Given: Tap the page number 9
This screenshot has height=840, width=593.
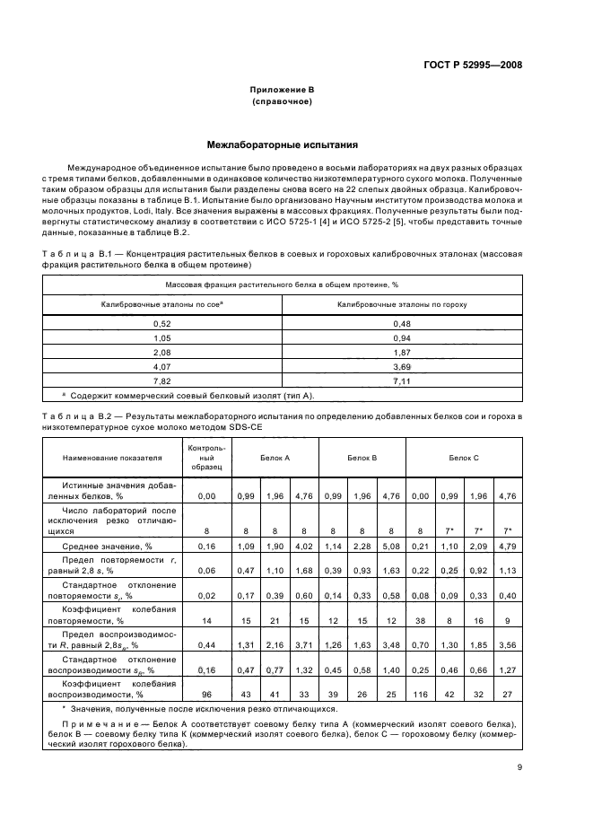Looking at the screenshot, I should [x=519, y=766].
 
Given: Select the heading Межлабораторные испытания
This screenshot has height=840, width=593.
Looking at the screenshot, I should [x=282, y=144].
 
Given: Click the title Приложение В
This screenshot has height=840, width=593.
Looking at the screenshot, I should [x=282, y=91].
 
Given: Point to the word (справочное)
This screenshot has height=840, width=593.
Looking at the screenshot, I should [x=282, y=102].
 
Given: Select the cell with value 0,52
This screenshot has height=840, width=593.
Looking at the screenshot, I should [x=162, y=322].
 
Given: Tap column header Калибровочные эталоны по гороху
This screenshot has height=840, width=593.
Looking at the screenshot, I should [x=401, y=304].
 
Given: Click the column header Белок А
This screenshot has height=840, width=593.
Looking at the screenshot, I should [x=275, y=458].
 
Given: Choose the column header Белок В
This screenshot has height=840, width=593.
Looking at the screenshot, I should [x=362, y=458].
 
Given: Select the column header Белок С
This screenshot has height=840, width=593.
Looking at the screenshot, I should [x=464, y=458].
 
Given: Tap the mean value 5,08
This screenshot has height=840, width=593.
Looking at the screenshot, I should [x=391, y=546].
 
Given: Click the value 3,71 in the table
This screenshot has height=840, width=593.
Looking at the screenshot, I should [x=304, y=646].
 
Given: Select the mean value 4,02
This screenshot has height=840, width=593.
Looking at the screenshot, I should [x=304, y=546].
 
